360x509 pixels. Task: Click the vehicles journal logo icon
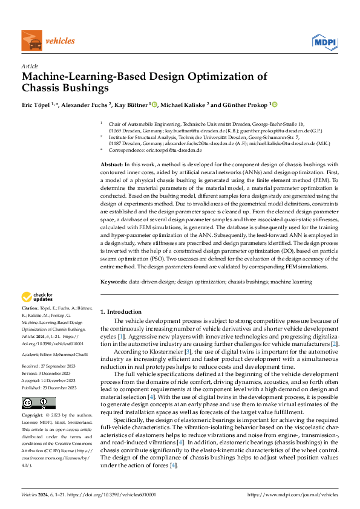30,41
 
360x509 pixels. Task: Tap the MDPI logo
324,41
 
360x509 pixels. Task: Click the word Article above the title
30,66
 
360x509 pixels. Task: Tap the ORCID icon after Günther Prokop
274,105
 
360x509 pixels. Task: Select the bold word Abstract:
112,164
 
